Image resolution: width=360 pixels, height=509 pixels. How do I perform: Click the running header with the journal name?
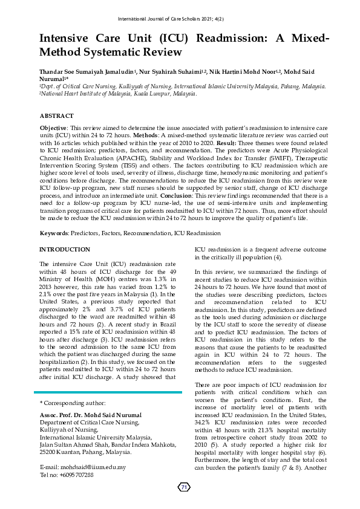click(180, 19)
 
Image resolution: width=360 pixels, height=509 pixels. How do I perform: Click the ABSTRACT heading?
click(57, 115)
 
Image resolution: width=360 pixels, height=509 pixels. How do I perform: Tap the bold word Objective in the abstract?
click(53, 129)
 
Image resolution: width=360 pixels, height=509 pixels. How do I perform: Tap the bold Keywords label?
click(54, 232)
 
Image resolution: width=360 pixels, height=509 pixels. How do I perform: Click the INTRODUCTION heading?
click(65, 249)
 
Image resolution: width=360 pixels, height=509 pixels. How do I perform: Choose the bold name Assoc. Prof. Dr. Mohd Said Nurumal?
click(90, 415)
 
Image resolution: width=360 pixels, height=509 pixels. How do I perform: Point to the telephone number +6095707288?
click(76, 475)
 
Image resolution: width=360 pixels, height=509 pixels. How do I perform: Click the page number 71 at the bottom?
click(184, 487)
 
